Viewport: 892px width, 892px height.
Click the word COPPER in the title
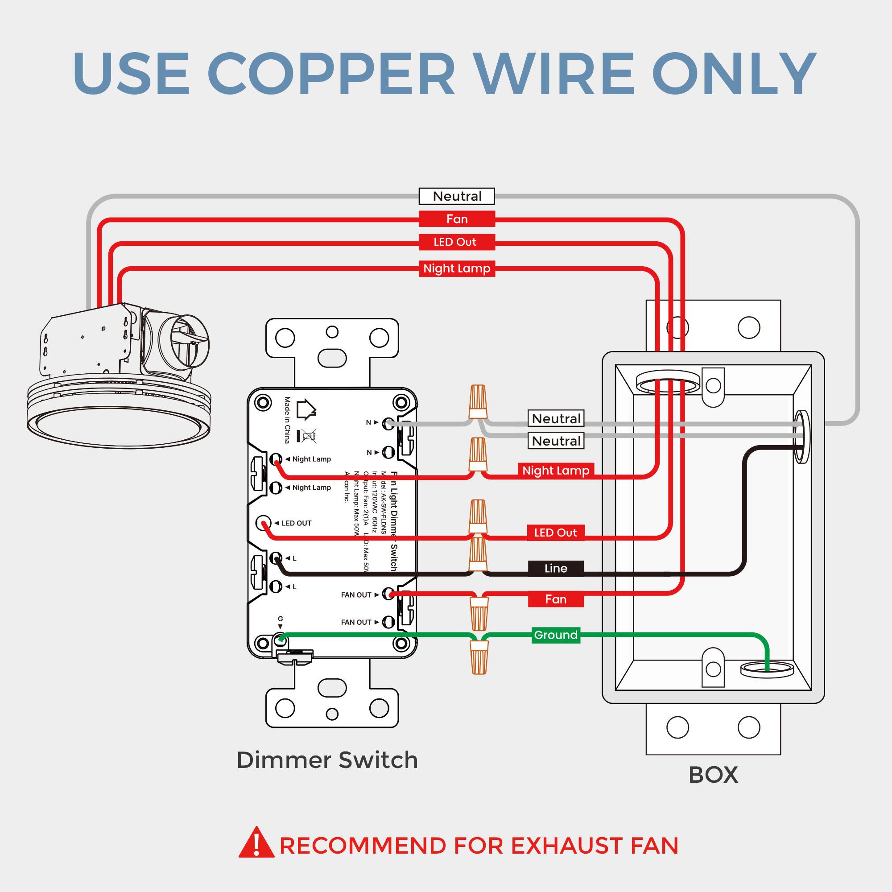pos(331,74)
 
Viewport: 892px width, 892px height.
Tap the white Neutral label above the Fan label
pos(457,196)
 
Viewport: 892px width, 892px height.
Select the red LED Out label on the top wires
pos(457,242)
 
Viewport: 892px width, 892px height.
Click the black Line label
pos(555,568)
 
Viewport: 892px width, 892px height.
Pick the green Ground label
pos(555,635)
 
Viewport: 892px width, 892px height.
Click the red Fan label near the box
pos(555,599)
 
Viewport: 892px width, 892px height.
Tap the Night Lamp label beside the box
pos(555,471)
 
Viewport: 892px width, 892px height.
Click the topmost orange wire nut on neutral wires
pos(478,401)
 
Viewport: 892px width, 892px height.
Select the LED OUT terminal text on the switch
pos(297,523)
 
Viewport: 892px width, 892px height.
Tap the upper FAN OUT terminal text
pos(356,595)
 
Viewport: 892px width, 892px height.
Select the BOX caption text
pos(713,775)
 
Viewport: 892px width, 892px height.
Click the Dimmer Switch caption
pos(327,760)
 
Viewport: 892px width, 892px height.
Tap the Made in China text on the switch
pos(287,420)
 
